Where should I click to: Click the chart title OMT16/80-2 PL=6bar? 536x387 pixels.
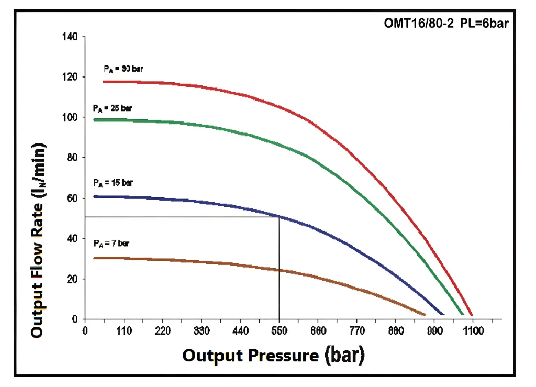446,23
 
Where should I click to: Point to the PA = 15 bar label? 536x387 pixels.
113,183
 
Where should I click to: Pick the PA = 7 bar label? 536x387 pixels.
111,244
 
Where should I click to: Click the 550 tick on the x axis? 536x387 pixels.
279,330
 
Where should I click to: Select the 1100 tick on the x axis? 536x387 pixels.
472,330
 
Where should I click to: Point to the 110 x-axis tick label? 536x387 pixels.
124,330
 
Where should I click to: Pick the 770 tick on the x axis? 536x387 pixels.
356,330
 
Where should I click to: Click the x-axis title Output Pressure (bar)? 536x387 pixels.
273,356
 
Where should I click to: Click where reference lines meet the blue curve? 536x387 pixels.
279,216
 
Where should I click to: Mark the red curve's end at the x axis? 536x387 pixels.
472,315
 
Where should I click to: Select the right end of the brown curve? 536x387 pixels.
425,314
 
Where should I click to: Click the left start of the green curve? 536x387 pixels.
95,120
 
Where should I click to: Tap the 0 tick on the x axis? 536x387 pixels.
85,330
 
